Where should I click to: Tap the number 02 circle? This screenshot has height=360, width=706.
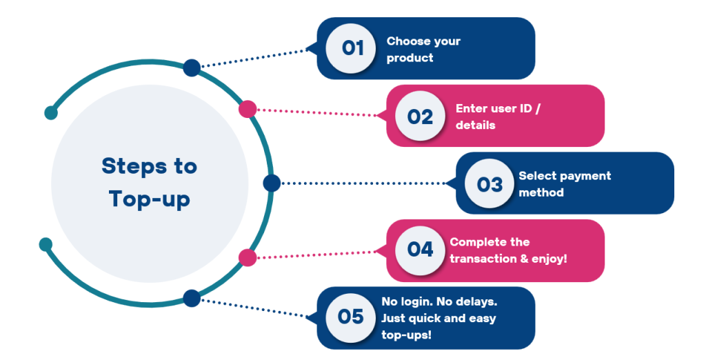click(420, 116)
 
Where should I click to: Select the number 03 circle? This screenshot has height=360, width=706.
click(490, 183)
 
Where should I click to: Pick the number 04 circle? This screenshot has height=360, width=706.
click(420, 250)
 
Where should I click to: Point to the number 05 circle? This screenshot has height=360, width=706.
click(351, 317)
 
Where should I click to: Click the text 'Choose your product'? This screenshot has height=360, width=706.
click(423, 50)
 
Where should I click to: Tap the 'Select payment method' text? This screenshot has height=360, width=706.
click(564, 184)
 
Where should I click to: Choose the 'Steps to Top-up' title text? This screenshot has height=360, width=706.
click(149, 182)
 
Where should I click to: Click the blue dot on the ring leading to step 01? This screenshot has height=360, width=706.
click(192, 68)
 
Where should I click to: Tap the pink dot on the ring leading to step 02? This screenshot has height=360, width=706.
click(248, 109)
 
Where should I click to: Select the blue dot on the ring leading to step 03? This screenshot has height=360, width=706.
click(272, 183)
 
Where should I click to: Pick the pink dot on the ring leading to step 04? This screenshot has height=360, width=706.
click(248, 257)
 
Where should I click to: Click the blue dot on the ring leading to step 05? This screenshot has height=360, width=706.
click(192, 298)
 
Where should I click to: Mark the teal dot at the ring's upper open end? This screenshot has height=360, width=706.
click(50, 112)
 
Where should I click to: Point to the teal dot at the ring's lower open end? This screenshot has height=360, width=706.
click(46, 244)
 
